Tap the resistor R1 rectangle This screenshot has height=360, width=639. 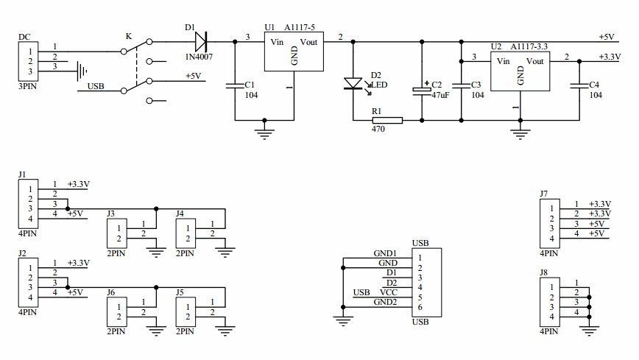point(387,120)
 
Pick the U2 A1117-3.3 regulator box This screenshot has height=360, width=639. point(520,71)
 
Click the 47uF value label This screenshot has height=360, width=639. point(440,96)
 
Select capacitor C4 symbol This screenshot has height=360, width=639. point(579,85)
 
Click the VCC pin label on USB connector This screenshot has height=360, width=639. point(389,292)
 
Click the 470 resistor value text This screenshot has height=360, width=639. point(378,130)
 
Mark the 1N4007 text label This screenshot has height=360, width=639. point(199,56)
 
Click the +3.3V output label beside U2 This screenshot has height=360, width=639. point(610,57)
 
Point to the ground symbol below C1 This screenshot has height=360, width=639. point(264,132)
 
